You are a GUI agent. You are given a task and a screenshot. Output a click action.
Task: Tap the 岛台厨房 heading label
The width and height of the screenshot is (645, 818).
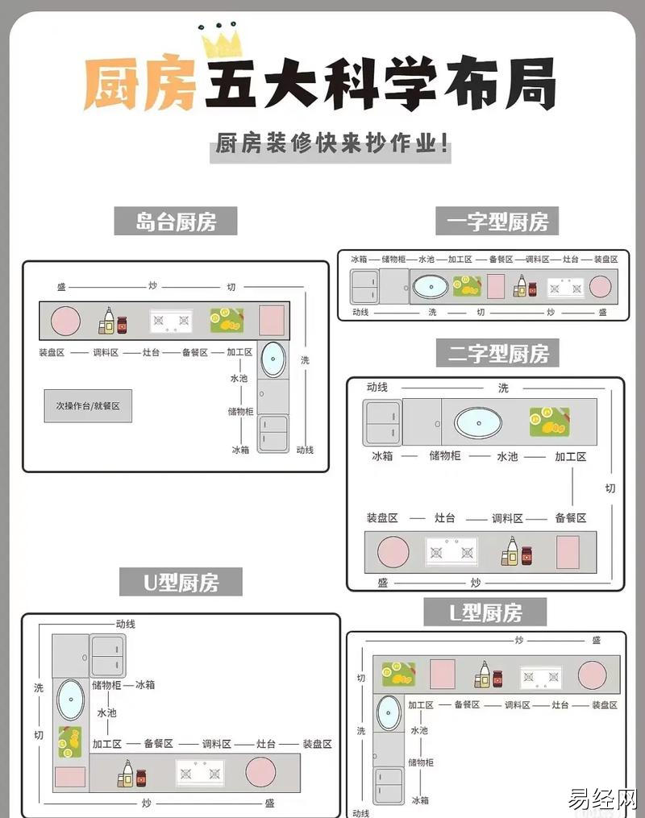pos(175,221)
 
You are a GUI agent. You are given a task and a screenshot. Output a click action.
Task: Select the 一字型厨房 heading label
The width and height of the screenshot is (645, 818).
pos(497,221)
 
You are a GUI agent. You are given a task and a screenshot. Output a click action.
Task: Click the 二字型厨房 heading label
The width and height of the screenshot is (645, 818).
pos(497,353)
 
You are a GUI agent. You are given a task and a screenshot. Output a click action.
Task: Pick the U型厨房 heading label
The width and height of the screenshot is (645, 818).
pos(181,582)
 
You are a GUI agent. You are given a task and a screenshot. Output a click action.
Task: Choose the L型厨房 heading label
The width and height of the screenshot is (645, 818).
pos(485,613)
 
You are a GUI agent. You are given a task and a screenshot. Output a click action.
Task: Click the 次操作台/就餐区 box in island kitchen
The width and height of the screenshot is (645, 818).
pos(88,406)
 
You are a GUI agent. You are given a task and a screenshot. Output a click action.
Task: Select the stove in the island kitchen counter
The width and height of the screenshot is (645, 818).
pos(171,321)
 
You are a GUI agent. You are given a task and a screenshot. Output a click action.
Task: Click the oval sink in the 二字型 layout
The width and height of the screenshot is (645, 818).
pos(477,422)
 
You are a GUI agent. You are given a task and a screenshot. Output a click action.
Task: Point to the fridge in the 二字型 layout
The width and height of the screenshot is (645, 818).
pos(382,422)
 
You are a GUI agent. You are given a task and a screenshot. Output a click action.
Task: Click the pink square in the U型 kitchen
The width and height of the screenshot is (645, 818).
pos(70,777)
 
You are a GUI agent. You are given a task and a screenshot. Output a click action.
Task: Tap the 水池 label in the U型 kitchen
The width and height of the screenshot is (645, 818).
pos(106,713)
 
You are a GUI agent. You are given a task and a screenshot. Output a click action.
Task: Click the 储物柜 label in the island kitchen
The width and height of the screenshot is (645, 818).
pos(240,411)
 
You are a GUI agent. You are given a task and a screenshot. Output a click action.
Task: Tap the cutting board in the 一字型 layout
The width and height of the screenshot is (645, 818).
pos(467,286)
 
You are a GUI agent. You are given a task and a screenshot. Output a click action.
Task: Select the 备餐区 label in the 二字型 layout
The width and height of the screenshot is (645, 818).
pos(570,517)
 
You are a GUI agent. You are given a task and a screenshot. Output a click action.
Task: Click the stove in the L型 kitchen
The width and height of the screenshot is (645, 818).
pos(540,677)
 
